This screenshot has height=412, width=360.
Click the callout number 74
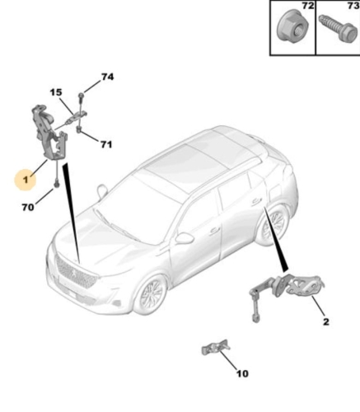point(107,77)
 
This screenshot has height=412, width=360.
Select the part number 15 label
point(56,92)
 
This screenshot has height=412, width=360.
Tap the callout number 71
point(106,144)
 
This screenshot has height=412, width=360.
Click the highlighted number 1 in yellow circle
point(26,180)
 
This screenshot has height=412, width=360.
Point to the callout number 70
point(28,207)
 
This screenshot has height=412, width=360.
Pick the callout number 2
point(326,321)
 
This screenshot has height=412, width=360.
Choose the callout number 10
point(242,373)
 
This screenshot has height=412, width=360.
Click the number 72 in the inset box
point(308,6)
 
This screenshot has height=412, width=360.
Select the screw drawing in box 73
point(338,28)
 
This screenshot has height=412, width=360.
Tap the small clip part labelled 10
point(216,348)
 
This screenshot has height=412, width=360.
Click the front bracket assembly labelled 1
point(49,133)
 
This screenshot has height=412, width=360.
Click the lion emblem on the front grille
point(74,273)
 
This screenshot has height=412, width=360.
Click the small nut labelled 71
point(78,129)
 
